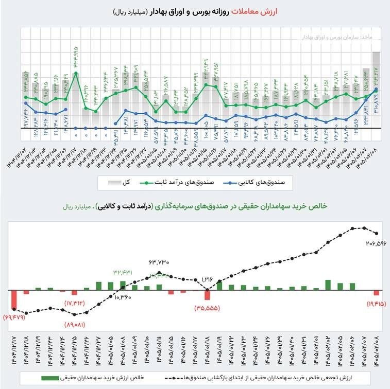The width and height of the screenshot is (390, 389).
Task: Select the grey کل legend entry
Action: click(x=123, y=182)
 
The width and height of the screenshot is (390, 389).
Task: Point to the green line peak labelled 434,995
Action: click(x=76, y=73)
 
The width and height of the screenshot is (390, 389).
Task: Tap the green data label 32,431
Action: click(x=123, y=272)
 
